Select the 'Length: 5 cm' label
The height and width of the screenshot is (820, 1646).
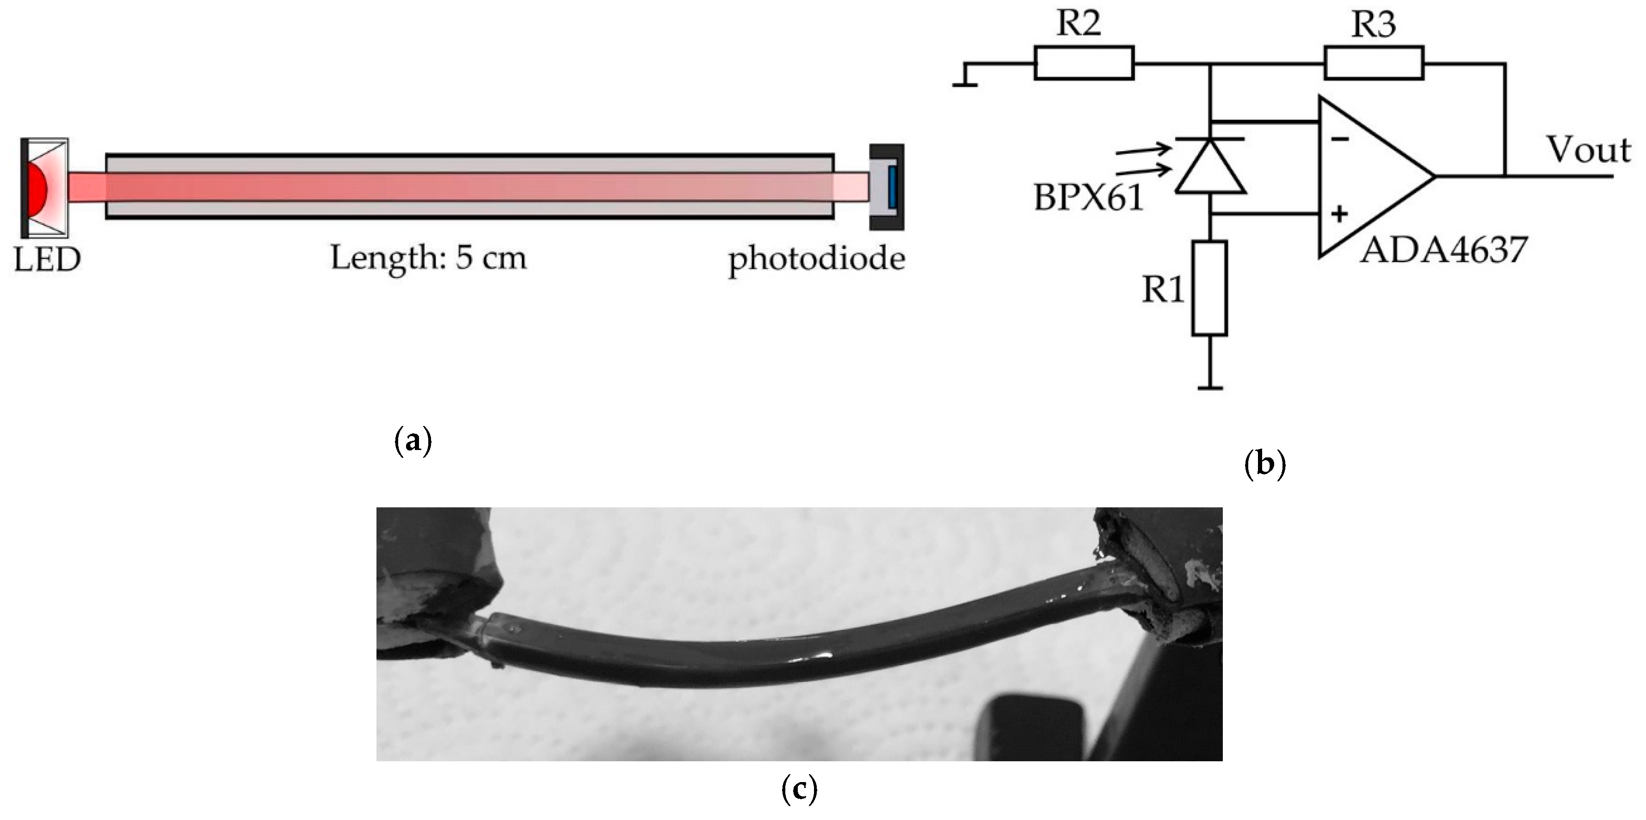(x=429, y=258)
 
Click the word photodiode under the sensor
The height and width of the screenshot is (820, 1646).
(x=817, y=259)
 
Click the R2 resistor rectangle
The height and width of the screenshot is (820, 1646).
(x=1084, y=62)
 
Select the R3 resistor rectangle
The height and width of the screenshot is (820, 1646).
(x=1374, y=62)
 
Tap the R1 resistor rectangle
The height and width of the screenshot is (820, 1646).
(x=1209, y=288)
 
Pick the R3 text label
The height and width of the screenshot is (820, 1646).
(x=1374, y=25)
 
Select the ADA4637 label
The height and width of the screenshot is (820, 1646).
(x=1443, y=251)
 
